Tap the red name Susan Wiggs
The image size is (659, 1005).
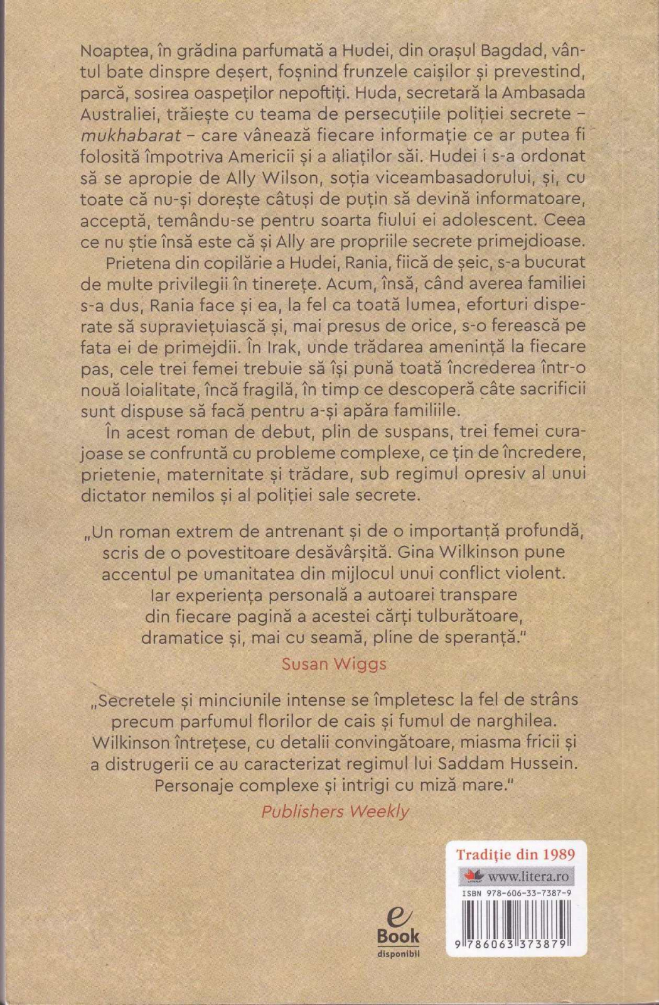tap(334, 663)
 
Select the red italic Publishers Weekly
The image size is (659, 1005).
tap(335, 811)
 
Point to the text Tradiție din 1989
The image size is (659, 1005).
tap(515, 854)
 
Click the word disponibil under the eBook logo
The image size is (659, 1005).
tap(398, 953)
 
